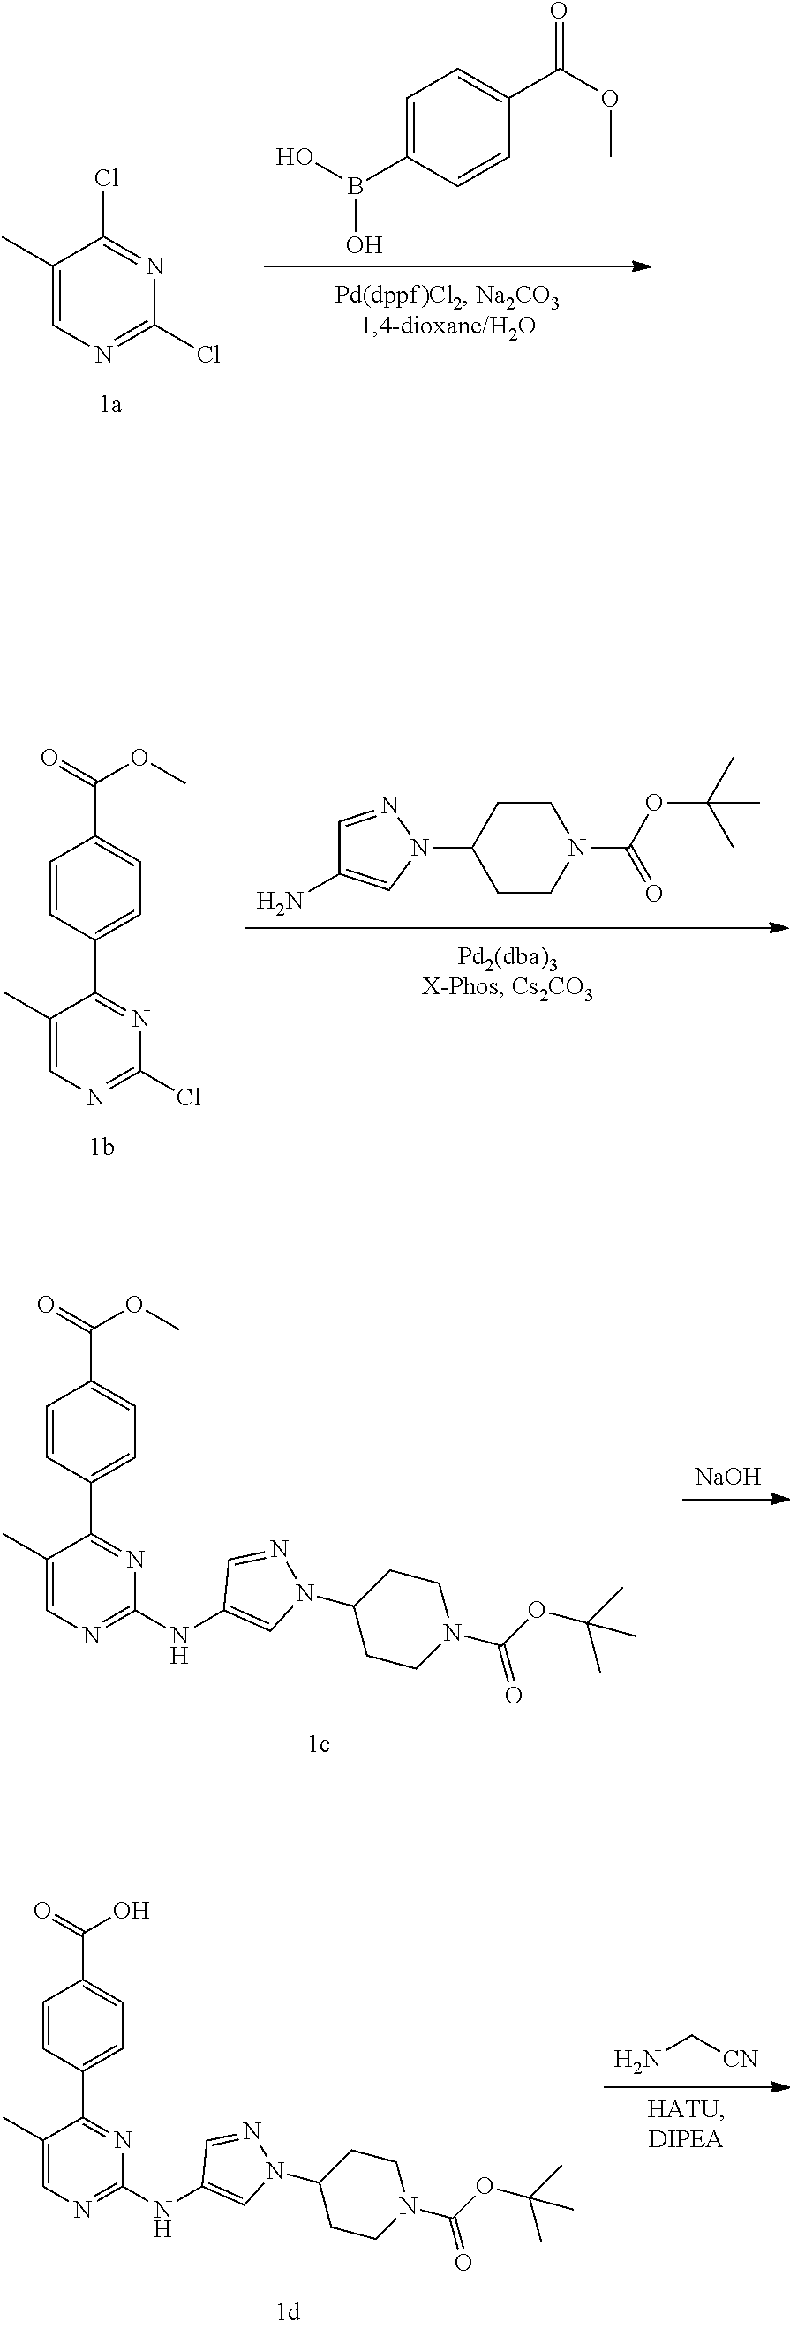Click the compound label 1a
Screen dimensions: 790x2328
pos(110,405)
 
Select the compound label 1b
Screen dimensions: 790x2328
pos(102,1148)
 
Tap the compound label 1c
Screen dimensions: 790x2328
pos(318,1744)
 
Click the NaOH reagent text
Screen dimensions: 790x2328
pos(727,1477)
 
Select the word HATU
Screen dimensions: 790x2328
pos(686,2110)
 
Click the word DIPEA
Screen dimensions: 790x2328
pos(686,2139)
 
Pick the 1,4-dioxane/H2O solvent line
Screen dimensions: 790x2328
pos(448,326)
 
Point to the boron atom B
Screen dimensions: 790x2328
pos(355,188)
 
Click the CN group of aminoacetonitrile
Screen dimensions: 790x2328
pos(741,2060)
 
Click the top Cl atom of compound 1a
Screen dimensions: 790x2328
pos(107,178)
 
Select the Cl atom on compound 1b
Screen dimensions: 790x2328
pos(188,1097)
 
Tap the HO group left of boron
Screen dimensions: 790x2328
pos(295,158)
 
